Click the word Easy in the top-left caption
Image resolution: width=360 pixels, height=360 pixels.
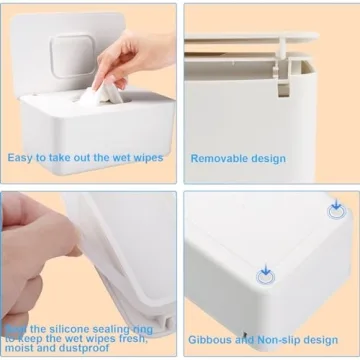tap(23, 157)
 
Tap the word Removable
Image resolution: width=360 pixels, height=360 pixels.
tap(221, 158)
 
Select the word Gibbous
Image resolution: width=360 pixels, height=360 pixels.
tap(210, 339)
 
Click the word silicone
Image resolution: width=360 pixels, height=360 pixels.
tap(59, 327)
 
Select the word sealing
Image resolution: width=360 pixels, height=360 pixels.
tap(105, 327)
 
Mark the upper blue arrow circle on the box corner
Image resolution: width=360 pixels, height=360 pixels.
tap(336, 209)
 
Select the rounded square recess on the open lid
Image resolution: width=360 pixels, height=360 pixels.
tap(73, 53)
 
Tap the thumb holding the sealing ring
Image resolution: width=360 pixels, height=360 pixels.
tap(40, 240)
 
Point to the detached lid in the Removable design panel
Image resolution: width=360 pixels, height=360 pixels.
tap(250, 40)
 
